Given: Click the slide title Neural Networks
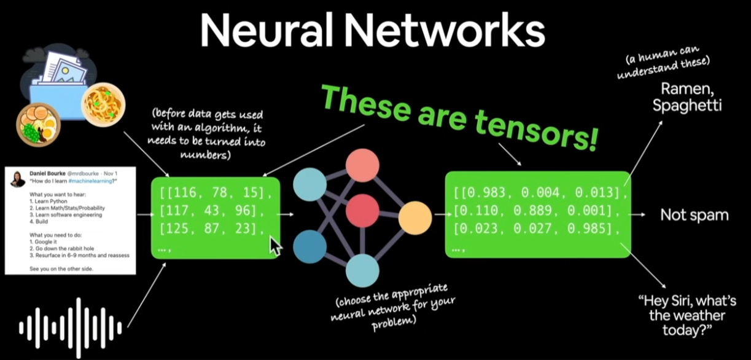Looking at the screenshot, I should [373, 31].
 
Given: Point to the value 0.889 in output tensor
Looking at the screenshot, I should [542, 211].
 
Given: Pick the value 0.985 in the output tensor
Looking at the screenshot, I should [597, 229].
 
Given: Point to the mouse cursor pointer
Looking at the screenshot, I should [276, 246].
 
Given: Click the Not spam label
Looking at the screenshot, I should [694, 215].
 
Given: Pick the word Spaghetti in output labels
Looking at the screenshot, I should [687, 105].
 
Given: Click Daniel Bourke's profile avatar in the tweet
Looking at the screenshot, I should [18, 179].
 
